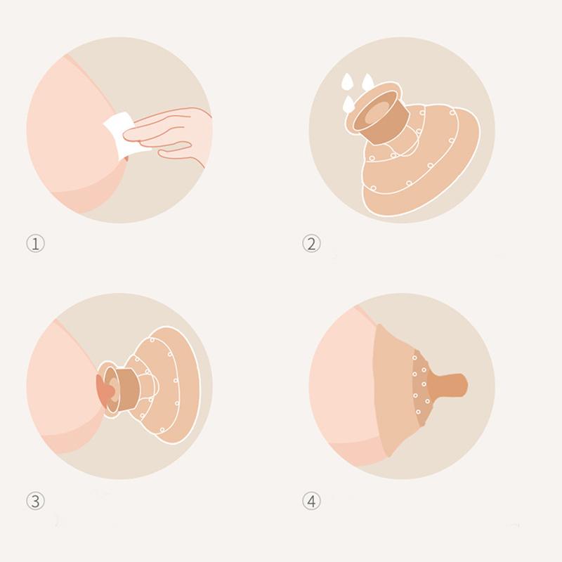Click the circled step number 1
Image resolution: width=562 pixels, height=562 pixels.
[35, 244]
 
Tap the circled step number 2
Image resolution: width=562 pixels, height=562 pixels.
[311, 244]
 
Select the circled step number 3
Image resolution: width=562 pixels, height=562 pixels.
[35, 501]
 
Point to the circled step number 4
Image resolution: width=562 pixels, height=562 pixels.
[311, 501]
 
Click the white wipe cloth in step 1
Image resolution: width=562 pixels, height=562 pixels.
[119, 136]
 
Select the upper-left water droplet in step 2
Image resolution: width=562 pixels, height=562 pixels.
[346, 82]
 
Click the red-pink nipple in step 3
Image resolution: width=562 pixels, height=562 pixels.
[105, 391]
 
